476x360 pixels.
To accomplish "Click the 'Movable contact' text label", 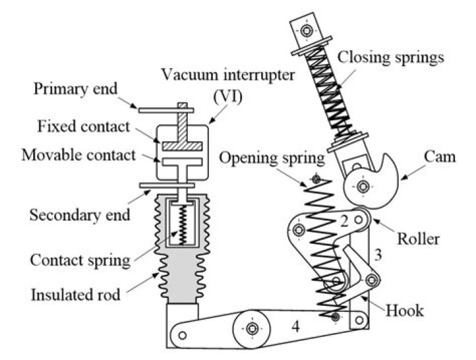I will click(78, 155).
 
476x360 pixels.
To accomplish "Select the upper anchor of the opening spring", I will click(316, 179).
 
